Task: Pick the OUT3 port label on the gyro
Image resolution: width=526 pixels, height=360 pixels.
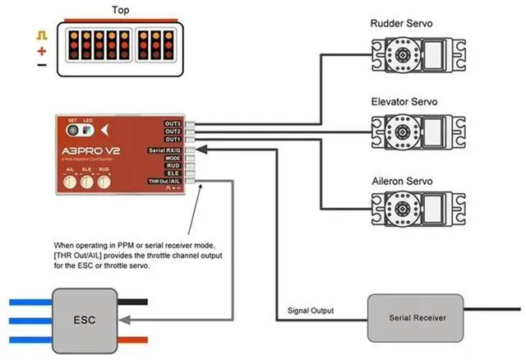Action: pyautogui.click(x=173, y=123)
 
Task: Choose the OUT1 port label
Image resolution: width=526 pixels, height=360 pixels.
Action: pyautogui.click(x=173, y=140)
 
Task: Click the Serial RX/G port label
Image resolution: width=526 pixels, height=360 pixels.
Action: pyautogui.click(x=164, y=150)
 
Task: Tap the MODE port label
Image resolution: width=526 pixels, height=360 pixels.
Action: pyautogui.click(x=173, y=158)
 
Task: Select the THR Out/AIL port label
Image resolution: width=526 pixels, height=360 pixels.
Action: pyautogui.click(x=164, y=181)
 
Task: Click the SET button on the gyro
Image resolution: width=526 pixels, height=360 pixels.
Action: pyautogui.click(x=72, y=130)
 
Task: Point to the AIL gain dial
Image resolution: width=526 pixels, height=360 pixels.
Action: pyautogui.click(x=72, y=182)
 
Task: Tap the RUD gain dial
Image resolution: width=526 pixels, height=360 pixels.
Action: pyautogui.click(x=104, y=182)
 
